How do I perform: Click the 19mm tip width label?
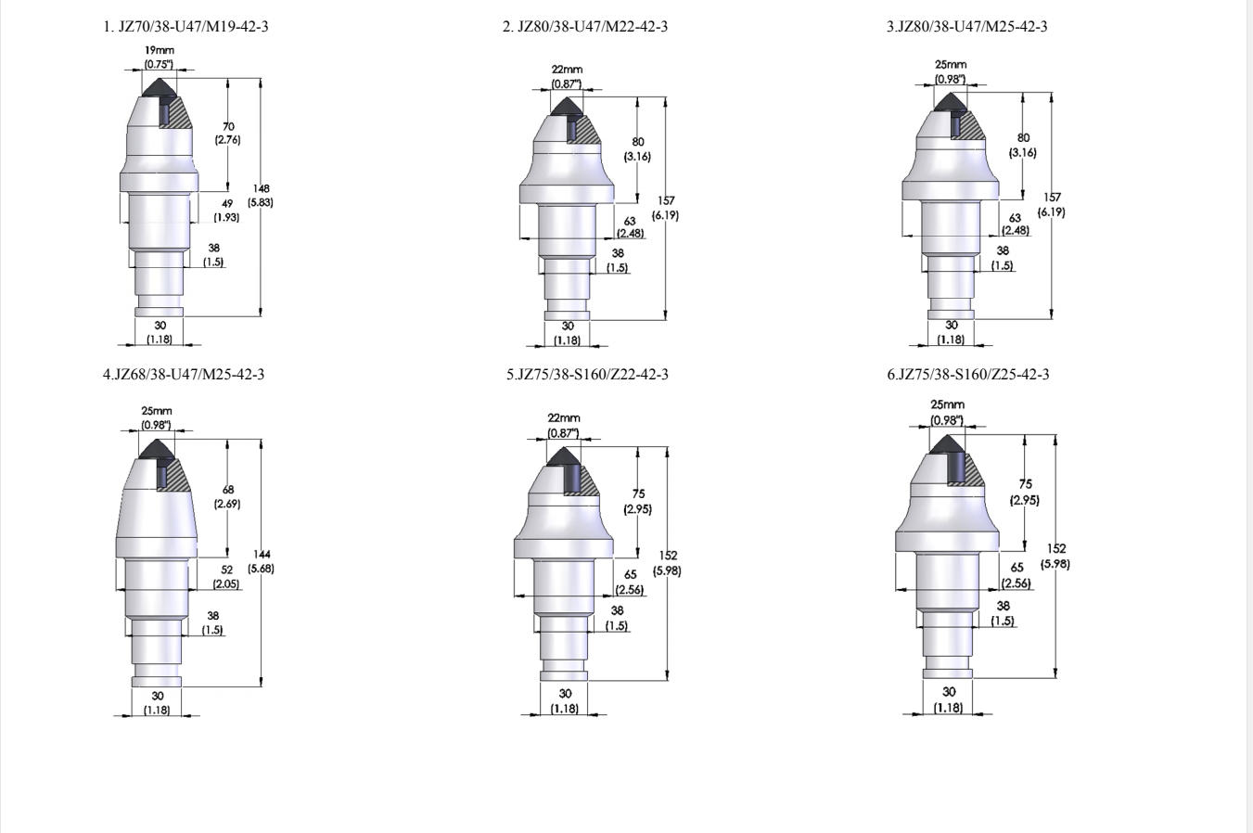pyautogui.click(x=160, y=50)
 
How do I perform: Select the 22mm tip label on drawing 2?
pyautogui.click(x=568, y=70)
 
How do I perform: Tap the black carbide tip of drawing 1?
pyautogui.click(x=160, y=88)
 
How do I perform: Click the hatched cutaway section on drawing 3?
pyautogui.click(x=972, y=128)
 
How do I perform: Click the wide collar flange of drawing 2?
pyautogui.click(x=567, y=193)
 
